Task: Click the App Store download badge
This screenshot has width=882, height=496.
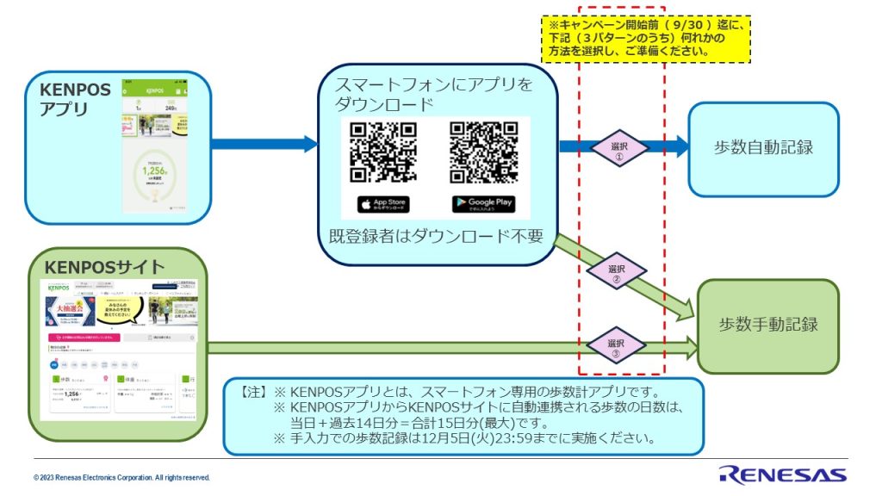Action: coord(382,204)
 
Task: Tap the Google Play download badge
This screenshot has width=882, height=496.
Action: coord(483,204)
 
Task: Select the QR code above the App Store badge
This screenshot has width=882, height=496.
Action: coord(383,152)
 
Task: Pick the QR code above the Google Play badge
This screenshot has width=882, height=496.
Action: coord(484,152)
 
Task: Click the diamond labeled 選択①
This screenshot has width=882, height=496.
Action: coord(619,146)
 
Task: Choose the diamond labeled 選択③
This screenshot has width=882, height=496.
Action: coord(616,347)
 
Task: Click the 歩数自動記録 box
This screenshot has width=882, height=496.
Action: coord(763,147)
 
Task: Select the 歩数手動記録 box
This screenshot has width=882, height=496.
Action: coord(768,325)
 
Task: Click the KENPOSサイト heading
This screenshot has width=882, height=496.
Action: coord(105,266)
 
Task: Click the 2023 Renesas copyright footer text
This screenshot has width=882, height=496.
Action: coord(121,477)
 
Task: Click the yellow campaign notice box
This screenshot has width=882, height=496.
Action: coord(646,38)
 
